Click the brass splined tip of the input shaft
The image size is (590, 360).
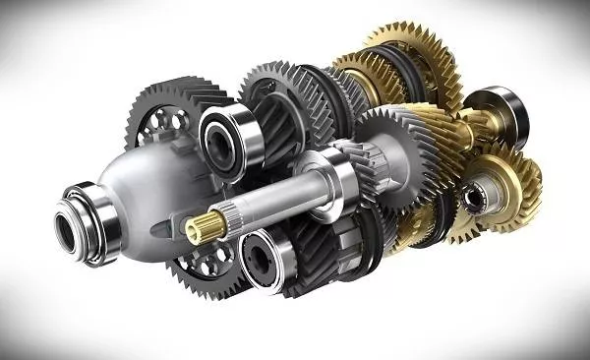point(200,229)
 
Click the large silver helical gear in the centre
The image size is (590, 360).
point(393,157)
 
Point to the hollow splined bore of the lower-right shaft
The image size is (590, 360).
point(475,198)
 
